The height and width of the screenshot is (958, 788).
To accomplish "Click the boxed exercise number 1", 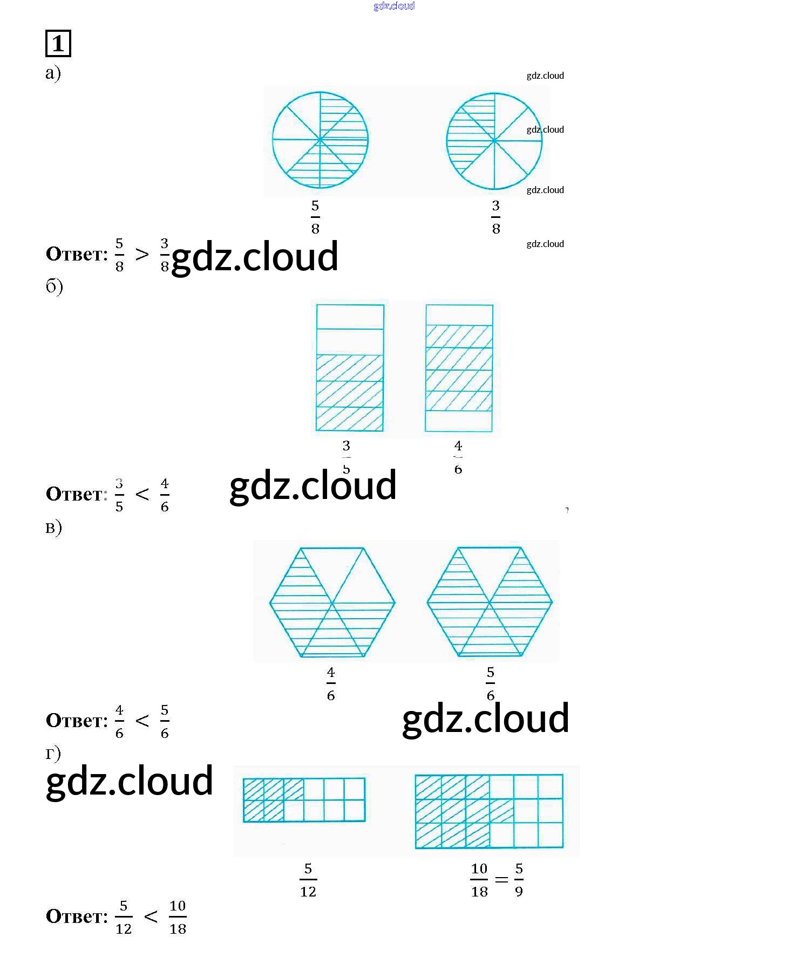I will pos(58,44).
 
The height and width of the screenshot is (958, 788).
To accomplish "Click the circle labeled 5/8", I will pos(320,140).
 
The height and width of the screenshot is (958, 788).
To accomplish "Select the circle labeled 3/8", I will pos(494,141).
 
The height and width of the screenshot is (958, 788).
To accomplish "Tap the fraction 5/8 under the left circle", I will pos(315,217).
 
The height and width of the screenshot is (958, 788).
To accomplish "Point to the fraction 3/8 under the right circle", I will pos(495,217).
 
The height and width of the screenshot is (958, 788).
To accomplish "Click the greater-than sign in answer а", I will pos(142,254).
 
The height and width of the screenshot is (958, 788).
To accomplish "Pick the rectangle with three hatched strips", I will pos(350,368).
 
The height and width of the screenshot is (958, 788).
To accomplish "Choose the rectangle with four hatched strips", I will pos(459,368).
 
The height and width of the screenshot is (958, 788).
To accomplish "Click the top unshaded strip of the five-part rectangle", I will pos(350,317).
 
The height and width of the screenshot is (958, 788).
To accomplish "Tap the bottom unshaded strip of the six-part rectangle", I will pos(459,421).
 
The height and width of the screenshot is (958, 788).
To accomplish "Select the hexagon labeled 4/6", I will pos(332,602).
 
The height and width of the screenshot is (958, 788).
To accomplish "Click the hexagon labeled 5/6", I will pos(490,602).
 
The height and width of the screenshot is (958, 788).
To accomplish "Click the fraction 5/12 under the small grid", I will pos(308,880).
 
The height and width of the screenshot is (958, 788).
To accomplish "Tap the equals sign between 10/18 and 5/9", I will pos(501,880).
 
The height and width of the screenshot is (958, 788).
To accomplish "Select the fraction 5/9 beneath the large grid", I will pos(519,880).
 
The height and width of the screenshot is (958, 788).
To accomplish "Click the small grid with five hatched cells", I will pos(304,799).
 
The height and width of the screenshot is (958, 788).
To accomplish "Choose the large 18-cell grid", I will pos(489,811).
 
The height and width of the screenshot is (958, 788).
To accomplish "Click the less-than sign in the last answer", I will pos(151,916).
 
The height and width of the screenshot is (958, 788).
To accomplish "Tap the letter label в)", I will pos(53,527).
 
